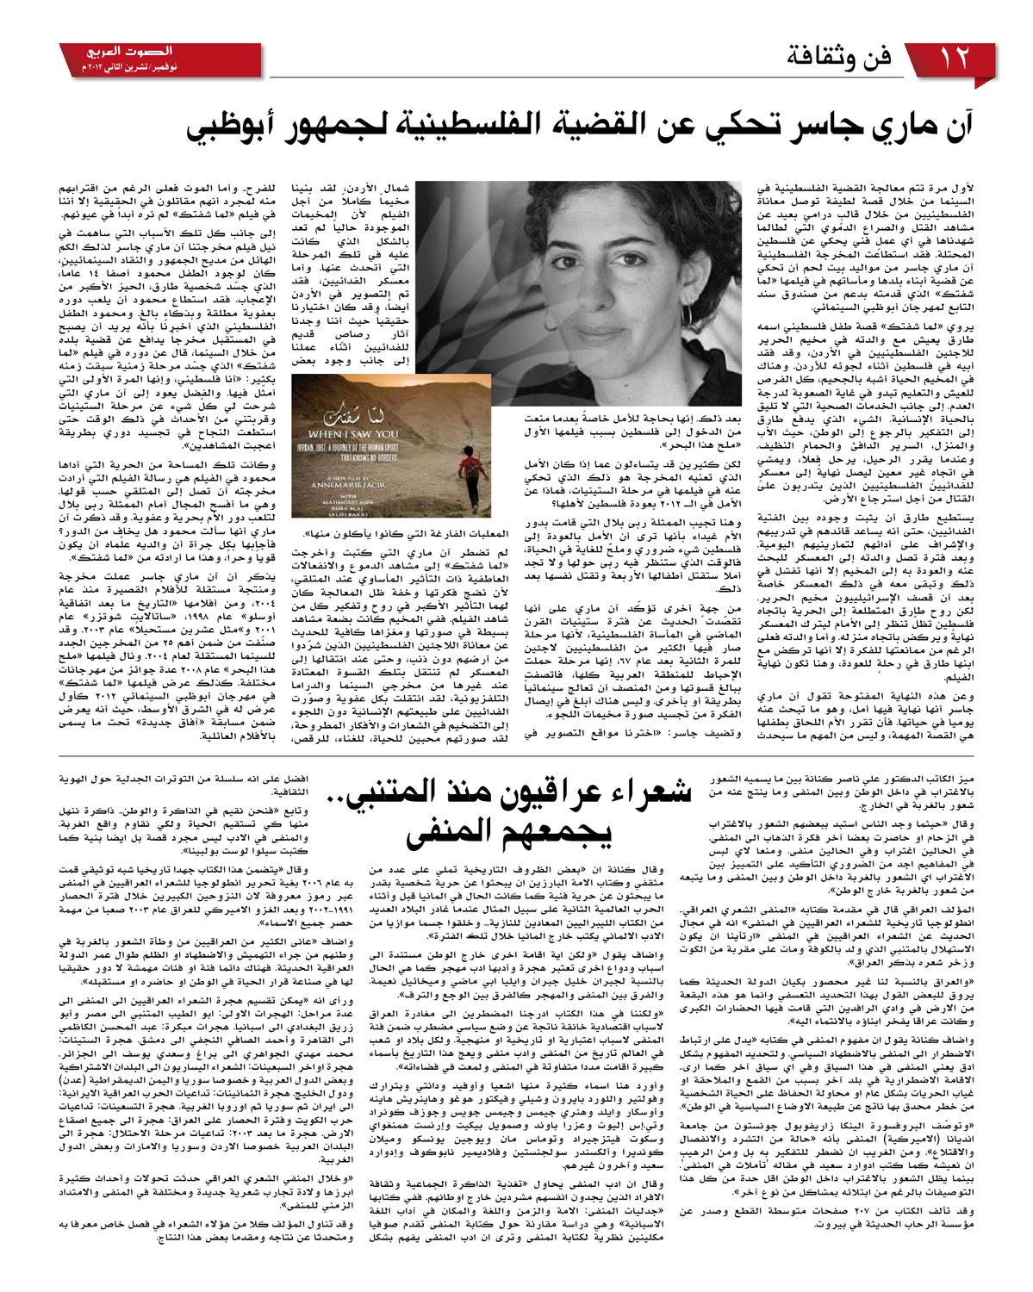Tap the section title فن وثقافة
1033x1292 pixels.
point(843,60)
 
